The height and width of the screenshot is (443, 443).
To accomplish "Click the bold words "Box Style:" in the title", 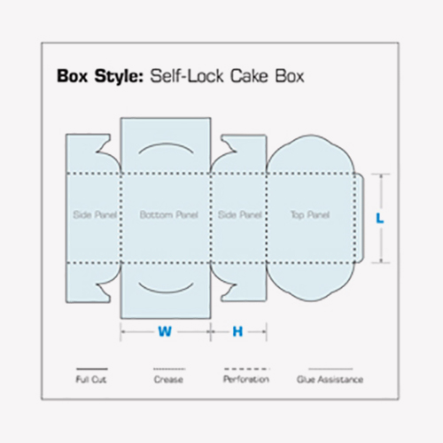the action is pyautogui.click(x=100, y=76).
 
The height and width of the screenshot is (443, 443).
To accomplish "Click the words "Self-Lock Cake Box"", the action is pyautogui.click(x=227, y=76).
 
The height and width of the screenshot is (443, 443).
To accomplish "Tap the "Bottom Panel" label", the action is pyautogui.click(x=168, y=214).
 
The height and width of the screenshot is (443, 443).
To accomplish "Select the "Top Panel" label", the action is pyautogui.click(x=310, y=215).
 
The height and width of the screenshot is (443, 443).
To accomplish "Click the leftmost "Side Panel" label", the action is pyautogui.click(x=95, y=214).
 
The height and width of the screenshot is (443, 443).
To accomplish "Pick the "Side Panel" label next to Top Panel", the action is pyautogui.click(x=240, y=214).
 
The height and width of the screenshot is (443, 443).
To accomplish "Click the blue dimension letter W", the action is pyautogui.click(x=165, y=331).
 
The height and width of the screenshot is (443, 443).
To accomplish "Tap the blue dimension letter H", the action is pyautogui.click(x=237, y=331).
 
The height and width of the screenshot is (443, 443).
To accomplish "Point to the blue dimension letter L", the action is pyautogui.click(x=380, y=219).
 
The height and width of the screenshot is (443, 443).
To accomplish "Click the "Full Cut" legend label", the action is pyautogui.click(x=91, y=379).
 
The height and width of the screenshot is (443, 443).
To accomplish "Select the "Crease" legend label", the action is pyautogui.click(x=168, y=379).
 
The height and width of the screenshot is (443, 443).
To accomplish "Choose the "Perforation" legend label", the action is pyautogui.click(x=246, y=379).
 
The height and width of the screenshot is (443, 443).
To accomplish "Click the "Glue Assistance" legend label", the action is pyautogui.click(x=330, y=379).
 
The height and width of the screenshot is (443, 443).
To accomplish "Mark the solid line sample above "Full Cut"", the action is pyautogui.click(x=92, y=369).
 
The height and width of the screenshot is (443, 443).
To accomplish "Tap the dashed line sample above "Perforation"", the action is pyautogui.click(x=246, y=369).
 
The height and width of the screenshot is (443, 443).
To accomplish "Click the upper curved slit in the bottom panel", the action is pyautogui.click(x=166, y=144).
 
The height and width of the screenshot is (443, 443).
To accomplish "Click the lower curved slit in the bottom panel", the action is pyautogui.click(x=166, y=291).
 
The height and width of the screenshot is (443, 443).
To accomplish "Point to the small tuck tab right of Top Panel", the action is pyautogui.click(x=360, y=218).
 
